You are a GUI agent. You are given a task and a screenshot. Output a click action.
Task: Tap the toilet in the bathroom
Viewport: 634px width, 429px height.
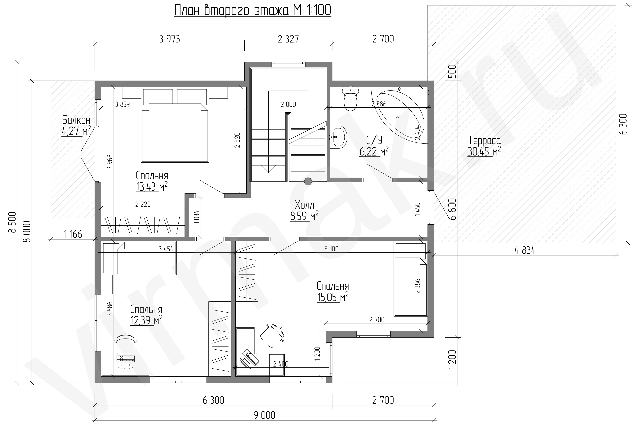coord(350,99)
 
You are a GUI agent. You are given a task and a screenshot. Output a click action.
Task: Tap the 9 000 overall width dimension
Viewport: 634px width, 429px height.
coord(264,415)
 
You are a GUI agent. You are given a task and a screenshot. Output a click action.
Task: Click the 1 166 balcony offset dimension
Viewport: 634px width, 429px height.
coord(73,234)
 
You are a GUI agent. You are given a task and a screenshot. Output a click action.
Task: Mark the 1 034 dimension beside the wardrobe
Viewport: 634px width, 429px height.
coord(197,217)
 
